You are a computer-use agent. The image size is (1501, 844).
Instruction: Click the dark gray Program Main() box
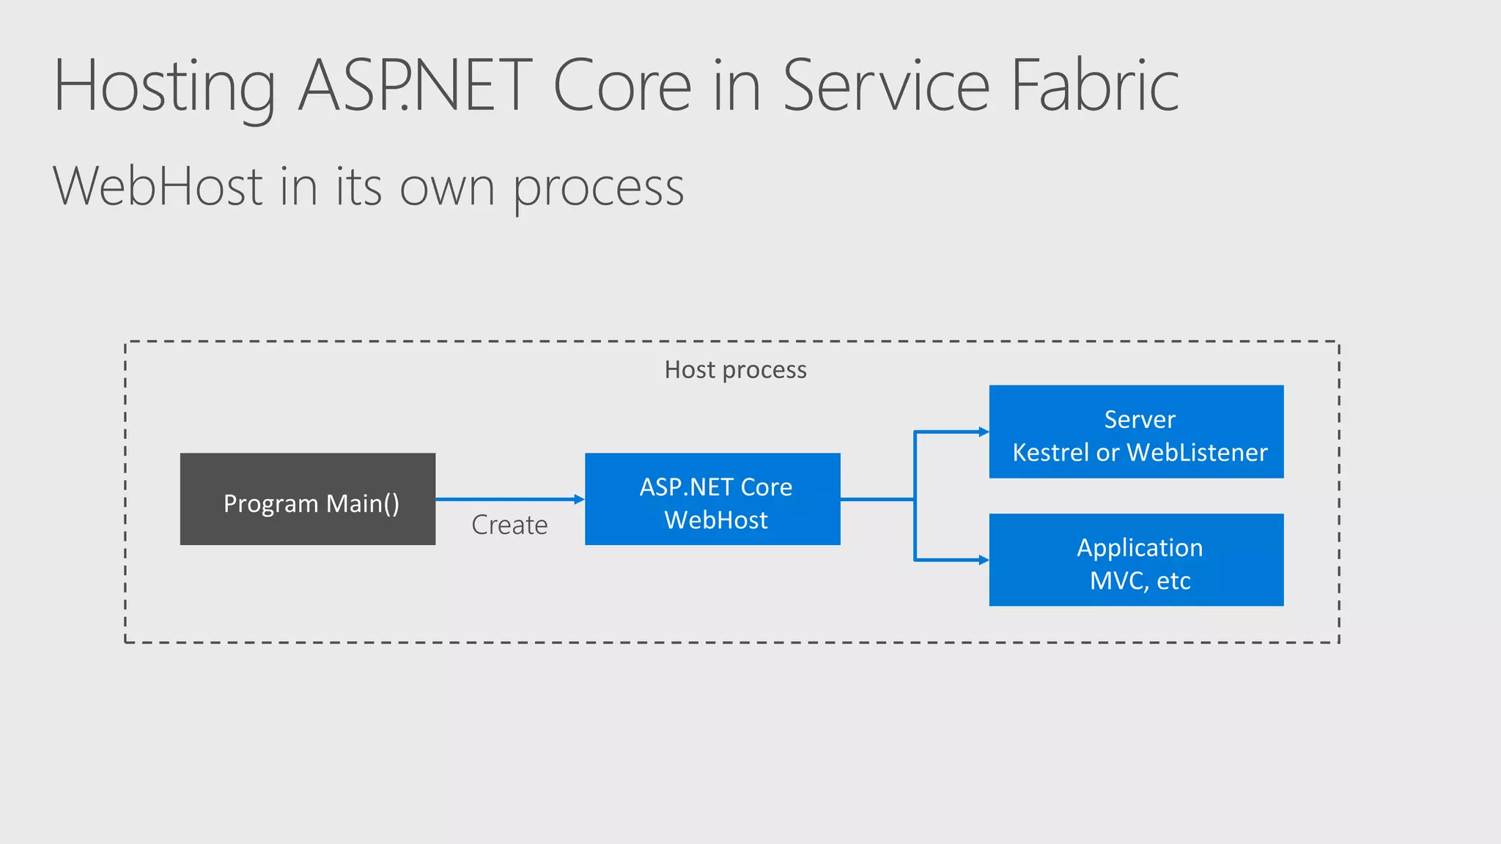(x=307, y=499)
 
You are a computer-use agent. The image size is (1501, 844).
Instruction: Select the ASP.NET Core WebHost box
(x=712, y=499)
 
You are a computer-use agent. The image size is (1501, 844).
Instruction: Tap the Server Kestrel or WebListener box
(x=1136, y=432)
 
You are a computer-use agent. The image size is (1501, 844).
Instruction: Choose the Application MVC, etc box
(x=1136, y=560)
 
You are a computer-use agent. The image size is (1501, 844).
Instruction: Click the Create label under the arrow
(x=509, y=525)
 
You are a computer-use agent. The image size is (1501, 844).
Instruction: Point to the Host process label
(x=735, y=370)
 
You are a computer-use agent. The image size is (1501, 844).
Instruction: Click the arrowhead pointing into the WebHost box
(x=579, y=499)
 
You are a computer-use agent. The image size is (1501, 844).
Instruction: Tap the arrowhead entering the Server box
(x=984, y=432)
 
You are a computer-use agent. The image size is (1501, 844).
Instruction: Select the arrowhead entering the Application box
(x=984, y=560)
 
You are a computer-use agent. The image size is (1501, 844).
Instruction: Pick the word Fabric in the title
(x=1095, y=86)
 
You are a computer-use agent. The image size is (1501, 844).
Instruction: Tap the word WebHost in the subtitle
(x=158, y=186)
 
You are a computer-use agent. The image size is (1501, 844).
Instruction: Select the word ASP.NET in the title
(x=415, y=86)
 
